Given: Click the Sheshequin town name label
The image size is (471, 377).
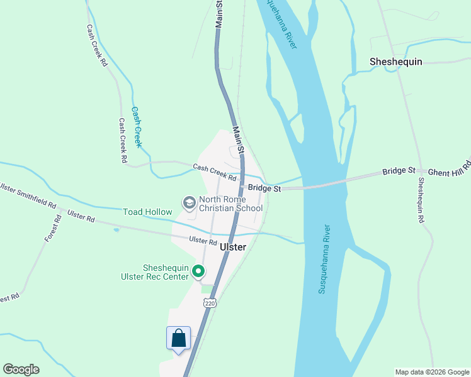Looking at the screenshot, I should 395,62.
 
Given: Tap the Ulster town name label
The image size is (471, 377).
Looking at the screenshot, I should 232,247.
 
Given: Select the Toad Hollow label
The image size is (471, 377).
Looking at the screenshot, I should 147,212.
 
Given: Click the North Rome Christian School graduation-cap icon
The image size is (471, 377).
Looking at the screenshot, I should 188,203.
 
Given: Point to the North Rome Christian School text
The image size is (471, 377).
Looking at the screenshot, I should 230,204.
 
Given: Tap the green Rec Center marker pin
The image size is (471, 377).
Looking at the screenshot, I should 198,271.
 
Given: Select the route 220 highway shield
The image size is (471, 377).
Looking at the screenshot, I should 210,303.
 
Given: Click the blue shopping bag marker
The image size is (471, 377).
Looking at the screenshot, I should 179,337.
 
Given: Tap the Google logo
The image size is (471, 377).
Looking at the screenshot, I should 21,369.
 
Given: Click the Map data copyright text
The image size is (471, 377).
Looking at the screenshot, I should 432,372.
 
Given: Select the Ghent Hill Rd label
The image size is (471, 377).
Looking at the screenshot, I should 449,168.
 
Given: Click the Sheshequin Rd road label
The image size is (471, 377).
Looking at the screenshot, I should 421,200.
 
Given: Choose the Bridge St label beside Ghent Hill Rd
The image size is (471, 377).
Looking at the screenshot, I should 399,171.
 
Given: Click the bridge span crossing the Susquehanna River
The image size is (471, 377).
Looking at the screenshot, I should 321,185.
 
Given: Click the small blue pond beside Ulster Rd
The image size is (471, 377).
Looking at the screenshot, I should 116,230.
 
